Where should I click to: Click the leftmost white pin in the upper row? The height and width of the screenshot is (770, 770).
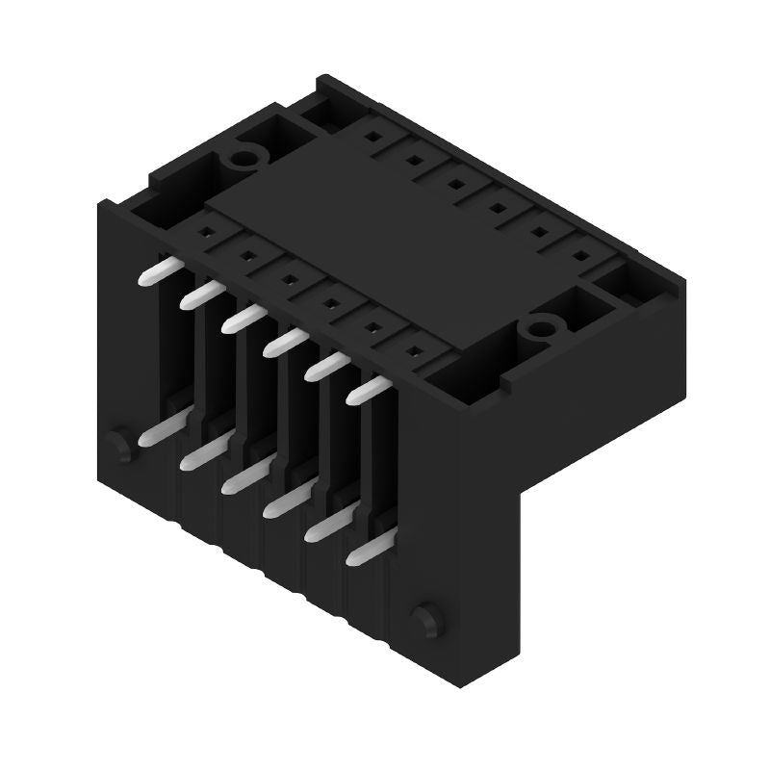[x=154, y=272]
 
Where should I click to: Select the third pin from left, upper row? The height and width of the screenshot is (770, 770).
[x=240, y=319]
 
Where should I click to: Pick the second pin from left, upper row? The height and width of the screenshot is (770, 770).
[x=196, y=295]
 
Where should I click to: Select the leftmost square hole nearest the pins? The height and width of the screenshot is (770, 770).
[x=205, y=232]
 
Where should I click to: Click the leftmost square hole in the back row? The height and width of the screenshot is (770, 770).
[x=369, y=138]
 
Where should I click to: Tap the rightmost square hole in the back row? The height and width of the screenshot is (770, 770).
[x=581, y=255]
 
